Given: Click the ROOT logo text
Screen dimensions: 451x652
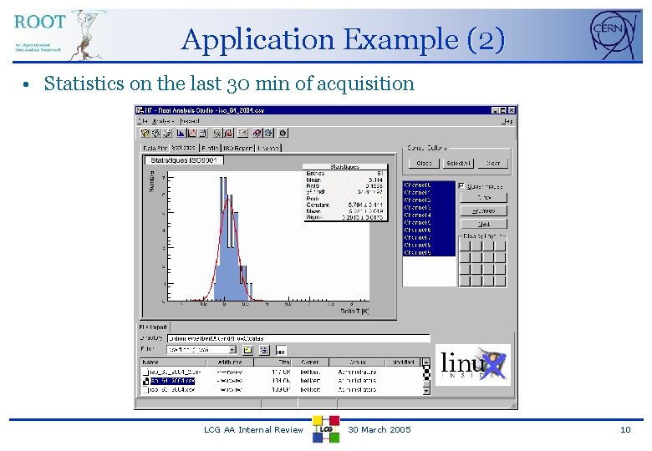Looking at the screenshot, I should point(40,22).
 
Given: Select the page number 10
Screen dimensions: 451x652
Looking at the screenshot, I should point(625,429).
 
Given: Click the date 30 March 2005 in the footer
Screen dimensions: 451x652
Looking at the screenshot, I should point(379,429).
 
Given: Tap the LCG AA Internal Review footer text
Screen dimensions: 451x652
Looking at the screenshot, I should point(253,429).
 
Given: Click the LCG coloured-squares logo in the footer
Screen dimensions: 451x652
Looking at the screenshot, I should point(326,428).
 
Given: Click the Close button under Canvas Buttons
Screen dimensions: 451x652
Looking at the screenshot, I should point(424,164).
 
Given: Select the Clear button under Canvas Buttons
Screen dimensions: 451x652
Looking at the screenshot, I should point(493,164).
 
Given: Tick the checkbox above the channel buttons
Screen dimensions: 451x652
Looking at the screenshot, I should point(462,185).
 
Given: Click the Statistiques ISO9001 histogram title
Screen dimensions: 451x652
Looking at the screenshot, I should point(182,160).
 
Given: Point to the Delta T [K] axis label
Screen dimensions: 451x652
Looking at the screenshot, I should point(354,312).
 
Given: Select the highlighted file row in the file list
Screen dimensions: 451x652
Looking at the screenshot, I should point(172,380).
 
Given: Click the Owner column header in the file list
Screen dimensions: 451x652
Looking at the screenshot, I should point(310,362).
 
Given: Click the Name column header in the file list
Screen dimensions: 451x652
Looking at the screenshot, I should point(152,362).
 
